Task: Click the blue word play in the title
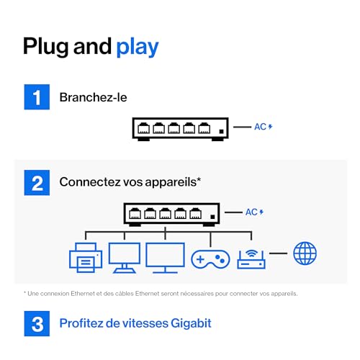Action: coord(138,48)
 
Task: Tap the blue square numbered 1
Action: coord(37,97)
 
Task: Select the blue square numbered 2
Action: coord(37,183)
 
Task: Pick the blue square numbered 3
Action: coord(37,323)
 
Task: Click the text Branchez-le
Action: coord(93,97)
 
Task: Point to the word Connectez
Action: coord(90,182)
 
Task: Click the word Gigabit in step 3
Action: coord(192,323)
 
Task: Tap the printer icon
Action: coord(86,258)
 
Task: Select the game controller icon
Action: coord(210,259)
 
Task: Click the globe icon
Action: coord(305,253)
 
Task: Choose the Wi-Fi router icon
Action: coord(251,259)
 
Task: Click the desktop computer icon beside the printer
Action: coord(125,258)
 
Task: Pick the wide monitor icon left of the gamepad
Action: coord(165,258)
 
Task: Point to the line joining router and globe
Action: coord(278,253)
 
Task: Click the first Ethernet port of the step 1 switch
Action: coord(143,128)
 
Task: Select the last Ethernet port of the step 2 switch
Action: coord(195,213)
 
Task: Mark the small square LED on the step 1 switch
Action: coord(221,131)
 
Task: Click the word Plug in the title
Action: coord(45,47)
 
